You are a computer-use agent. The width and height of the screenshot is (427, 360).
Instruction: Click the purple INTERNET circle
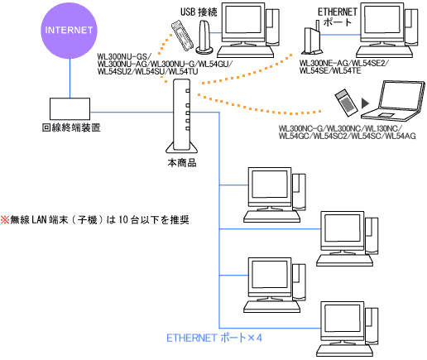(x=69, y=31)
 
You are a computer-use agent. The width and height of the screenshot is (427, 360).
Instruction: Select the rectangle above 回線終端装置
(x=70, y=108)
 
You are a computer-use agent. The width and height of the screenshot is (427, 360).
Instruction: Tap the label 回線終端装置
(x=71, y=127)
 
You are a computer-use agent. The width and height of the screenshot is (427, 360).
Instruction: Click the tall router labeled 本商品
(x=182, y=116)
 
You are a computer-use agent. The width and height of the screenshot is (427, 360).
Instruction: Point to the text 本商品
(x=182, y=163)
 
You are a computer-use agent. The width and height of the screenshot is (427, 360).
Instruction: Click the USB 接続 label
(x=199, y=12)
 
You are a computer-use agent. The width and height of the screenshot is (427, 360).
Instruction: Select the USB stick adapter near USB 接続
(x=182, y=36)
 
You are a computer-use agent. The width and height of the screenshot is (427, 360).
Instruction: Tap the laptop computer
(x=393, y=101)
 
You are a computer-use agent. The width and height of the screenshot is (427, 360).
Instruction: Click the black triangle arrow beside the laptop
(x=365, y=103)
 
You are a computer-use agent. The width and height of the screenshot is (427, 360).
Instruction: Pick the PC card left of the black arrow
(x=346, y=101)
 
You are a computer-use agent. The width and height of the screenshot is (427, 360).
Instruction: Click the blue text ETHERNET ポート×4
(x=214, y=338)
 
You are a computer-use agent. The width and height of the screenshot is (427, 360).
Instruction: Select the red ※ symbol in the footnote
(x=5, y=220)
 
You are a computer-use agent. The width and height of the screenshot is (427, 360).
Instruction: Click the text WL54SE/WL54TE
(x=330, y=71)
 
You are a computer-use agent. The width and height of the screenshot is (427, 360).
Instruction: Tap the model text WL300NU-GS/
(x=124, y=56)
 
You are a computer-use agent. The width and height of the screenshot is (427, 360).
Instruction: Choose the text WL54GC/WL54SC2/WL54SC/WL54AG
(x=348, y=136)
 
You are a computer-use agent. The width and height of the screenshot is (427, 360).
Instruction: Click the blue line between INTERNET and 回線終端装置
(x=70, y=79)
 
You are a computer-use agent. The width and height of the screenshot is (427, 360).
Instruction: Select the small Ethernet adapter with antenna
(x=312, y=38)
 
